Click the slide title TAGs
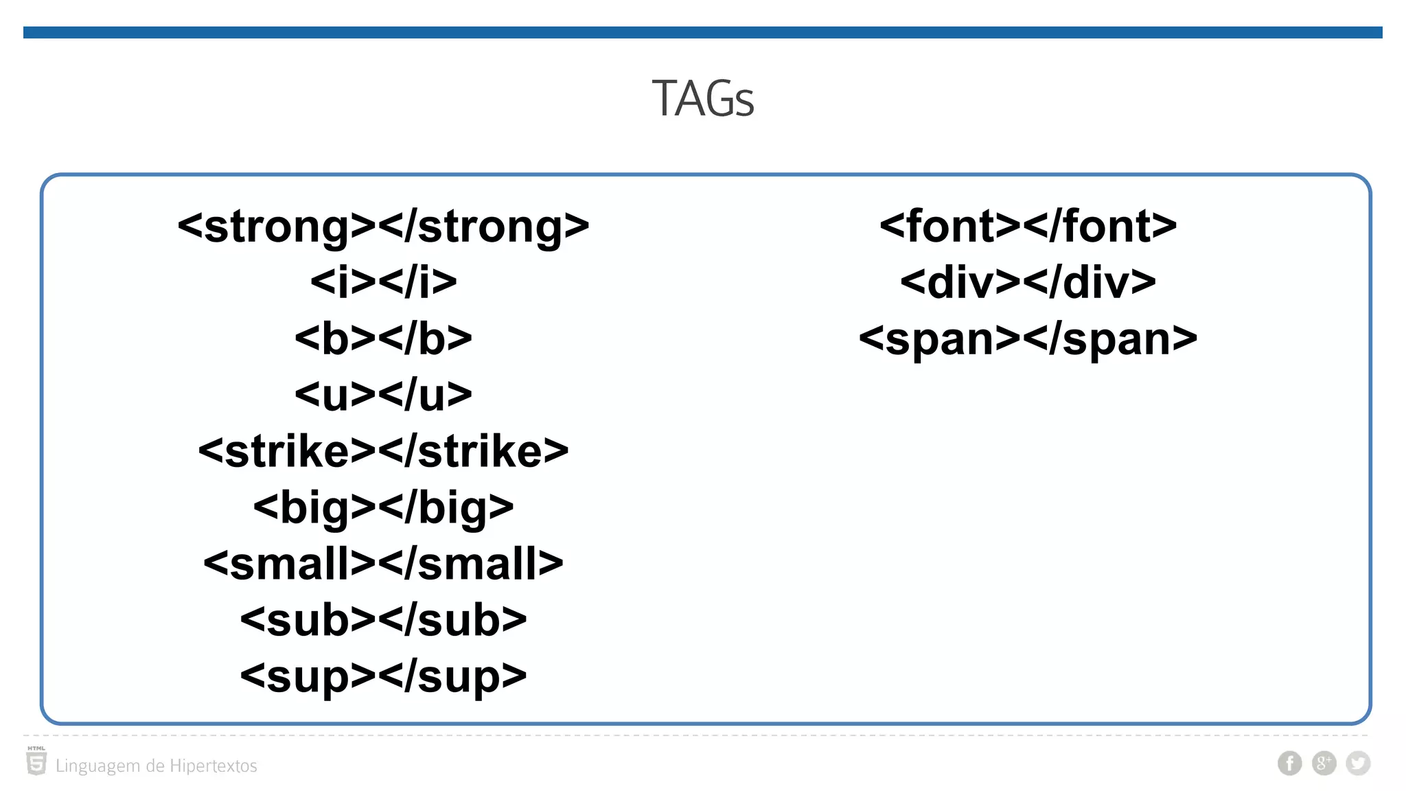click(702, 99)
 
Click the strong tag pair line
click(383, 226)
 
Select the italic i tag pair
click(383, 282)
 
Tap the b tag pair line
click(383, 339)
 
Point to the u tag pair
click(383, 395)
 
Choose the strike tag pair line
click(383, 451)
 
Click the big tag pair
click(383, 507)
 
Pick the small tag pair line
click(383, 564)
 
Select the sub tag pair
click(383, 620)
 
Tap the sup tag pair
click(383, 676)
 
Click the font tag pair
click(1028, 226)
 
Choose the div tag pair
click(1028, 282)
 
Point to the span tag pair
click(1028, 339)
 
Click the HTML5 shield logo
click(36, 762)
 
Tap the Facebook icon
click(1289, 763)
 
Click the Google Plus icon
click(1324, 763)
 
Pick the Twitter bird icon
click(1357, 763)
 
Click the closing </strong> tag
click(484, 226)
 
